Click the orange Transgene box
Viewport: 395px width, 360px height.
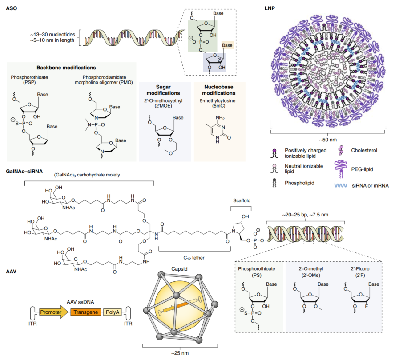[x=86, y=312]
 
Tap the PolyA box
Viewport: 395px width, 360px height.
[x=113, y=312]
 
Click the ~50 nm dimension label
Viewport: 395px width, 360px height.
[x=328, y=140]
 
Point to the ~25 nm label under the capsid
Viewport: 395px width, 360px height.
[x=180, y=353]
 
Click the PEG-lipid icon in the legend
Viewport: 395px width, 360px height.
[x=341, y=169]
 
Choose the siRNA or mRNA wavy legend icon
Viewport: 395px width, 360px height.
[x=341, y=185]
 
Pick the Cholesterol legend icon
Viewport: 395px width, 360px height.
[x=341, y=150]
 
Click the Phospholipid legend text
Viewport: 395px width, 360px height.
[x=299, y=183]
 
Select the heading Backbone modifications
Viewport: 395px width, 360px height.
[x=66, y=68]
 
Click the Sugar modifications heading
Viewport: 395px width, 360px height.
[x=163, y=90]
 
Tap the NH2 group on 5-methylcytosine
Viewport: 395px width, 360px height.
[x=220, y=118]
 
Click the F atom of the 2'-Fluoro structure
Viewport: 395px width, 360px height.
[x=367, y=306]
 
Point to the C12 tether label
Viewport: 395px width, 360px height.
[x=194, y=258]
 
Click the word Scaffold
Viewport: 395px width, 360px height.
[x=242, y=200]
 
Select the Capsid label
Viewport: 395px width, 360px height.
[x=179, y=269]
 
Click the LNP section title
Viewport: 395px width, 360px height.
[x=270, y=8]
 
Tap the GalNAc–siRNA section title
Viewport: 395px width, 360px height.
[x=24, y=172]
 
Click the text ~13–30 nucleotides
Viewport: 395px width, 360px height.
[x=52, y=35]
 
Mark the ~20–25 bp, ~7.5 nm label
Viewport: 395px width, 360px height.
[x=305, y=215]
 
